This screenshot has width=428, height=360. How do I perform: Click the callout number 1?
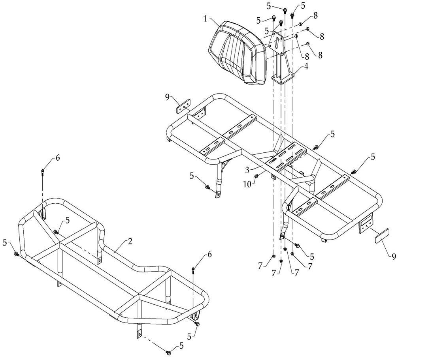[x=206, y=19]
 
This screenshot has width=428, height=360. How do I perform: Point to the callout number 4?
[x=306, y=66]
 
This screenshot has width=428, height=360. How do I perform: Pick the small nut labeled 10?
[x=256, y=176]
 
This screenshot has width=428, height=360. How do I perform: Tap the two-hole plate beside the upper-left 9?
[x=183, y=107]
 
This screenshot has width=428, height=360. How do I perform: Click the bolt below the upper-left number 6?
[x=42, y=172]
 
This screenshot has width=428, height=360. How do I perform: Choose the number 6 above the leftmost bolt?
[x=58, y=158]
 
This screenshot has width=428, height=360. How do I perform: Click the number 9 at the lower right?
[x=394, y=257]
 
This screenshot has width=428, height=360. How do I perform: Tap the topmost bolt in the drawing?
[x=285, y=9]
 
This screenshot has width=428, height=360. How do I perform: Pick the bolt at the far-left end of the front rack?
[x=16, y=253]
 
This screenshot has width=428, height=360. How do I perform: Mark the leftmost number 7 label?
[x=260, y=267]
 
